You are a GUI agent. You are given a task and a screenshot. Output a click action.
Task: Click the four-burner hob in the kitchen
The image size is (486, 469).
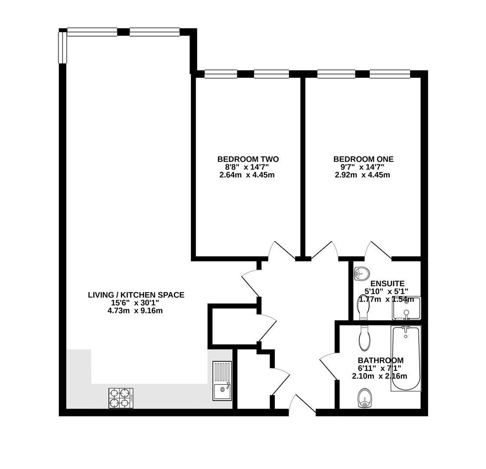pos(121,398)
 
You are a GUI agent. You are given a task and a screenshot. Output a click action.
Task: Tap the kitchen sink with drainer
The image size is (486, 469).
pos(222,380)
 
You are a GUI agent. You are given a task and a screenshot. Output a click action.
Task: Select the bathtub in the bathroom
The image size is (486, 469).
pos(406,358)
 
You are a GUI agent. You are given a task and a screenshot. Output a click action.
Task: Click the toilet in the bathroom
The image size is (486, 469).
pos(364,338)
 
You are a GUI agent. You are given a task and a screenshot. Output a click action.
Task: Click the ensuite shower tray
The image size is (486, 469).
pos(406,308)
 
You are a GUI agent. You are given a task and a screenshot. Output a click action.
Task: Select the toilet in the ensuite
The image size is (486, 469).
pos(363,307)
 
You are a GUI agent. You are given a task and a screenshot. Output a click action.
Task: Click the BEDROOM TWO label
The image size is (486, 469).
pos(248,159)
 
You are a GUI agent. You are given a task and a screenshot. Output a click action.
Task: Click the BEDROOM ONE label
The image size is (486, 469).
pos(363,159)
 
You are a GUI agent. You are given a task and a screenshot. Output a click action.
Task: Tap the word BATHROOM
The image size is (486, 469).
pos(381,360)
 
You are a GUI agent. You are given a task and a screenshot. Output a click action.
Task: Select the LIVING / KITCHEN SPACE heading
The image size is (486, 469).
pos(136,295)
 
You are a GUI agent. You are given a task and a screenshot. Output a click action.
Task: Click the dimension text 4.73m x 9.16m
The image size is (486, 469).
pos(136,311)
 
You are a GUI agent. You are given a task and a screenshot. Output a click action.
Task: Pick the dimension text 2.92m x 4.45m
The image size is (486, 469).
pos(362,175)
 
